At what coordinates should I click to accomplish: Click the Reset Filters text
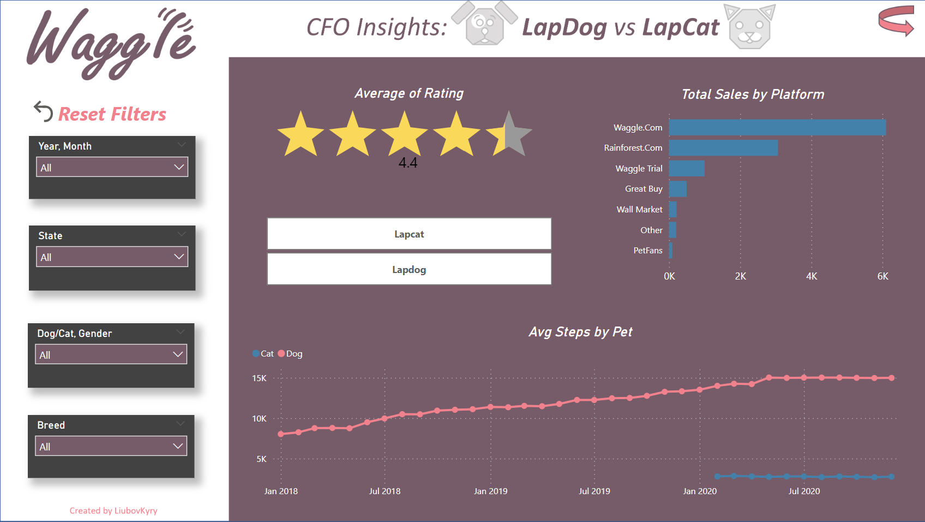tap(112, 114)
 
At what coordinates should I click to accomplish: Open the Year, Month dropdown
tap(112, 167)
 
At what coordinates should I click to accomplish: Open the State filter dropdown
tap(112, 257)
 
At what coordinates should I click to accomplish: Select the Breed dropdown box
tap(111, 446)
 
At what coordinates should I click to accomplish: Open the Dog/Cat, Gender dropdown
tap(111, 354)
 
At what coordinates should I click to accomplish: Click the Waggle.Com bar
tap(777, 127)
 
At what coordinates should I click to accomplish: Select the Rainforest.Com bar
tap(723, 148)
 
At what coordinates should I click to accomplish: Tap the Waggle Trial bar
tap(687, 168)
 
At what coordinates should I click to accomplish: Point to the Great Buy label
tap(644, 189)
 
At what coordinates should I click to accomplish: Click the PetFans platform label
tap(647, 251)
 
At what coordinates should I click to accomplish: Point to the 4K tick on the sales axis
tap(812, 276)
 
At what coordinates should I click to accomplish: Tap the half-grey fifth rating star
tap(509, 134)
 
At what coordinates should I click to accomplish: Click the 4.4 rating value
tap(408, 163)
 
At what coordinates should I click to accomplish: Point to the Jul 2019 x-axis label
tap(594, 491)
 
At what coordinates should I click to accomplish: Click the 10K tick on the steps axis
tap(259, 419)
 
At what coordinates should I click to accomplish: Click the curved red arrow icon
tap(896, 21)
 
